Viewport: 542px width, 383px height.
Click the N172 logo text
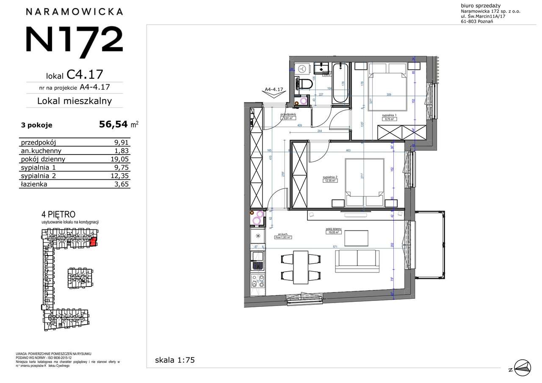pos(75,39)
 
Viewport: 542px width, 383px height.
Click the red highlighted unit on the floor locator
pos(94,242)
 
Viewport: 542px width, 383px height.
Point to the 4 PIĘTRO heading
pos(58,215)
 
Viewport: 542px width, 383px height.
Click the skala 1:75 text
pos(175,360)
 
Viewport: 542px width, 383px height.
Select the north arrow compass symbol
pos(520,366)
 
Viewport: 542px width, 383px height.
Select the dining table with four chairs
pos(301,267)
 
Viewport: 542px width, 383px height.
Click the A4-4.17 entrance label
pos(274,90)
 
